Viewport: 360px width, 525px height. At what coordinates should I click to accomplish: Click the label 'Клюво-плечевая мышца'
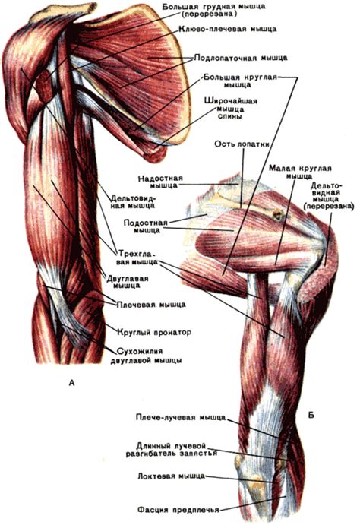[x=228, y=29]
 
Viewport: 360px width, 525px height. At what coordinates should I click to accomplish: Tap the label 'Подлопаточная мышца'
[x=241, y=58]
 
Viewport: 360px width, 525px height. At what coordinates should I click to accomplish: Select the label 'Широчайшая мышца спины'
[x=231, y=108]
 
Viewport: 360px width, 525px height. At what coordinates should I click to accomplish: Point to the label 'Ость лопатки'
[x=242, y=144]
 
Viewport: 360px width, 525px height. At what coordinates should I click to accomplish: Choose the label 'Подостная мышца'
[x=147, y=226]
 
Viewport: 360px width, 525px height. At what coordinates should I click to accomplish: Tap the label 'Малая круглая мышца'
[x=300, y=172]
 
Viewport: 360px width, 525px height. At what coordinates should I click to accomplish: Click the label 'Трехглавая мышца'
[x=137, y=257]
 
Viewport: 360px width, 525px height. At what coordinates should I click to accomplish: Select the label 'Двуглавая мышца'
[x=127, y=283]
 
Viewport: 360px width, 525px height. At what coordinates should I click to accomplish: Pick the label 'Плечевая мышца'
[x=151, y=305]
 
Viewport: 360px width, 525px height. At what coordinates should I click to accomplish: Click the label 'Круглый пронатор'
[x=154, y=333]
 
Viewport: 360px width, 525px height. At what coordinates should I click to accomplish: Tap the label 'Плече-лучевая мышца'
[x=181, y=418]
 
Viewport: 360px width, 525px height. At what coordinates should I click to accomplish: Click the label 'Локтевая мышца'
[x=171, y=476]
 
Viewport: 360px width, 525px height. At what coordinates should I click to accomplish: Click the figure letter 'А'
[x=71, y=383]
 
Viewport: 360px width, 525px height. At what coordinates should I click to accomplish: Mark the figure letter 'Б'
[x=311, y=416]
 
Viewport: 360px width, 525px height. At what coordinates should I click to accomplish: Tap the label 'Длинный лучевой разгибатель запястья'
[x=172, y=450]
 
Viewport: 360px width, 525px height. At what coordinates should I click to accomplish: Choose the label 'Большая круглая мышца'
[x=240, y=81]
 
